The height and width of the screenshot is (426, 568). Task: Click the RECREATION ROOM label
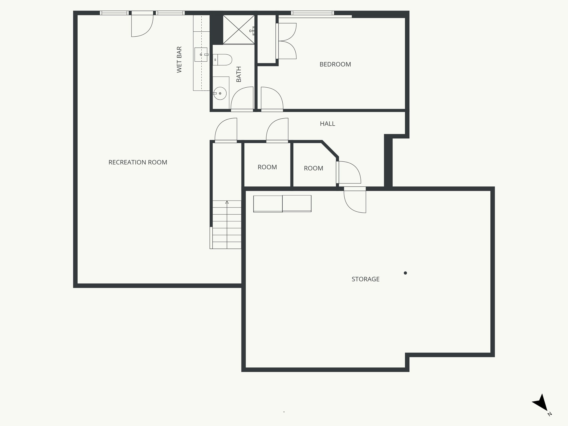pyautogui.click(x=138, y=162)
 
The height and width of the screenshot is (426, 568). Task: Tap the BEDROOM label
pyautogui.click(x=335, y=64)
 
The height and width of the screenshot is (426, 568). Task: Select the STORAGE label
pyautogui.click(x=365, y=279)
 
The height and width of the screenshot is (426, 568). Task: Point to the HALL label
pyautogui.click(x=327, y=124)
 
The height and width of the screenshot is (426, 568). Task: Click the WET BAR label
pyautogui.click(x=179, y=60)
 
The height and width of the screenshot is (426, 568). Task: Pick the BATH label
pyautogui.click(x=239, y=74)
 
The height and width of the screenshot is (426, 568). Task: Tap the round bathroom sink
pyautogui.click(x=220, y=93)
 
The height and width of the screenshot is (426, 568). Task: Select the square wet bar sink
pyautogui.click(x=201, y=55)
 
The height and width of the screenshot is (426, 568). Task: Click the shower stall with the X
pyautogui.click(x=239, y=30)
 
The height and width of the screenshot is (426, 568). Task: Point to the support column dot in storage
pyautogui.click(x=405, y=273)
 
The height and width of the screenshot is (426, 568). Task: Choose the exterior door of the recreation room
pyautogui.click(x=142, y=25)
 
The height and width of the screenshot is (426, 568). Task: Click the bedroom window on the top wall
pyautogui.click(x=312, y=13)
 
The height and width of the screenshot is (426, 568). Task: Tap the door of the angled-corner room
pyautogui.click(x=349, y=172)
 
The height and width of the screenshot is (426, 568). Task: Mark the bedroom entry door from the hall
pyautogui.click(x=272, y=99)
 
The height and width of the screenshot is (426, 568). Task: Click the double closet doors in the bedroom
pyautogui.click(x=287, y=41)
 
